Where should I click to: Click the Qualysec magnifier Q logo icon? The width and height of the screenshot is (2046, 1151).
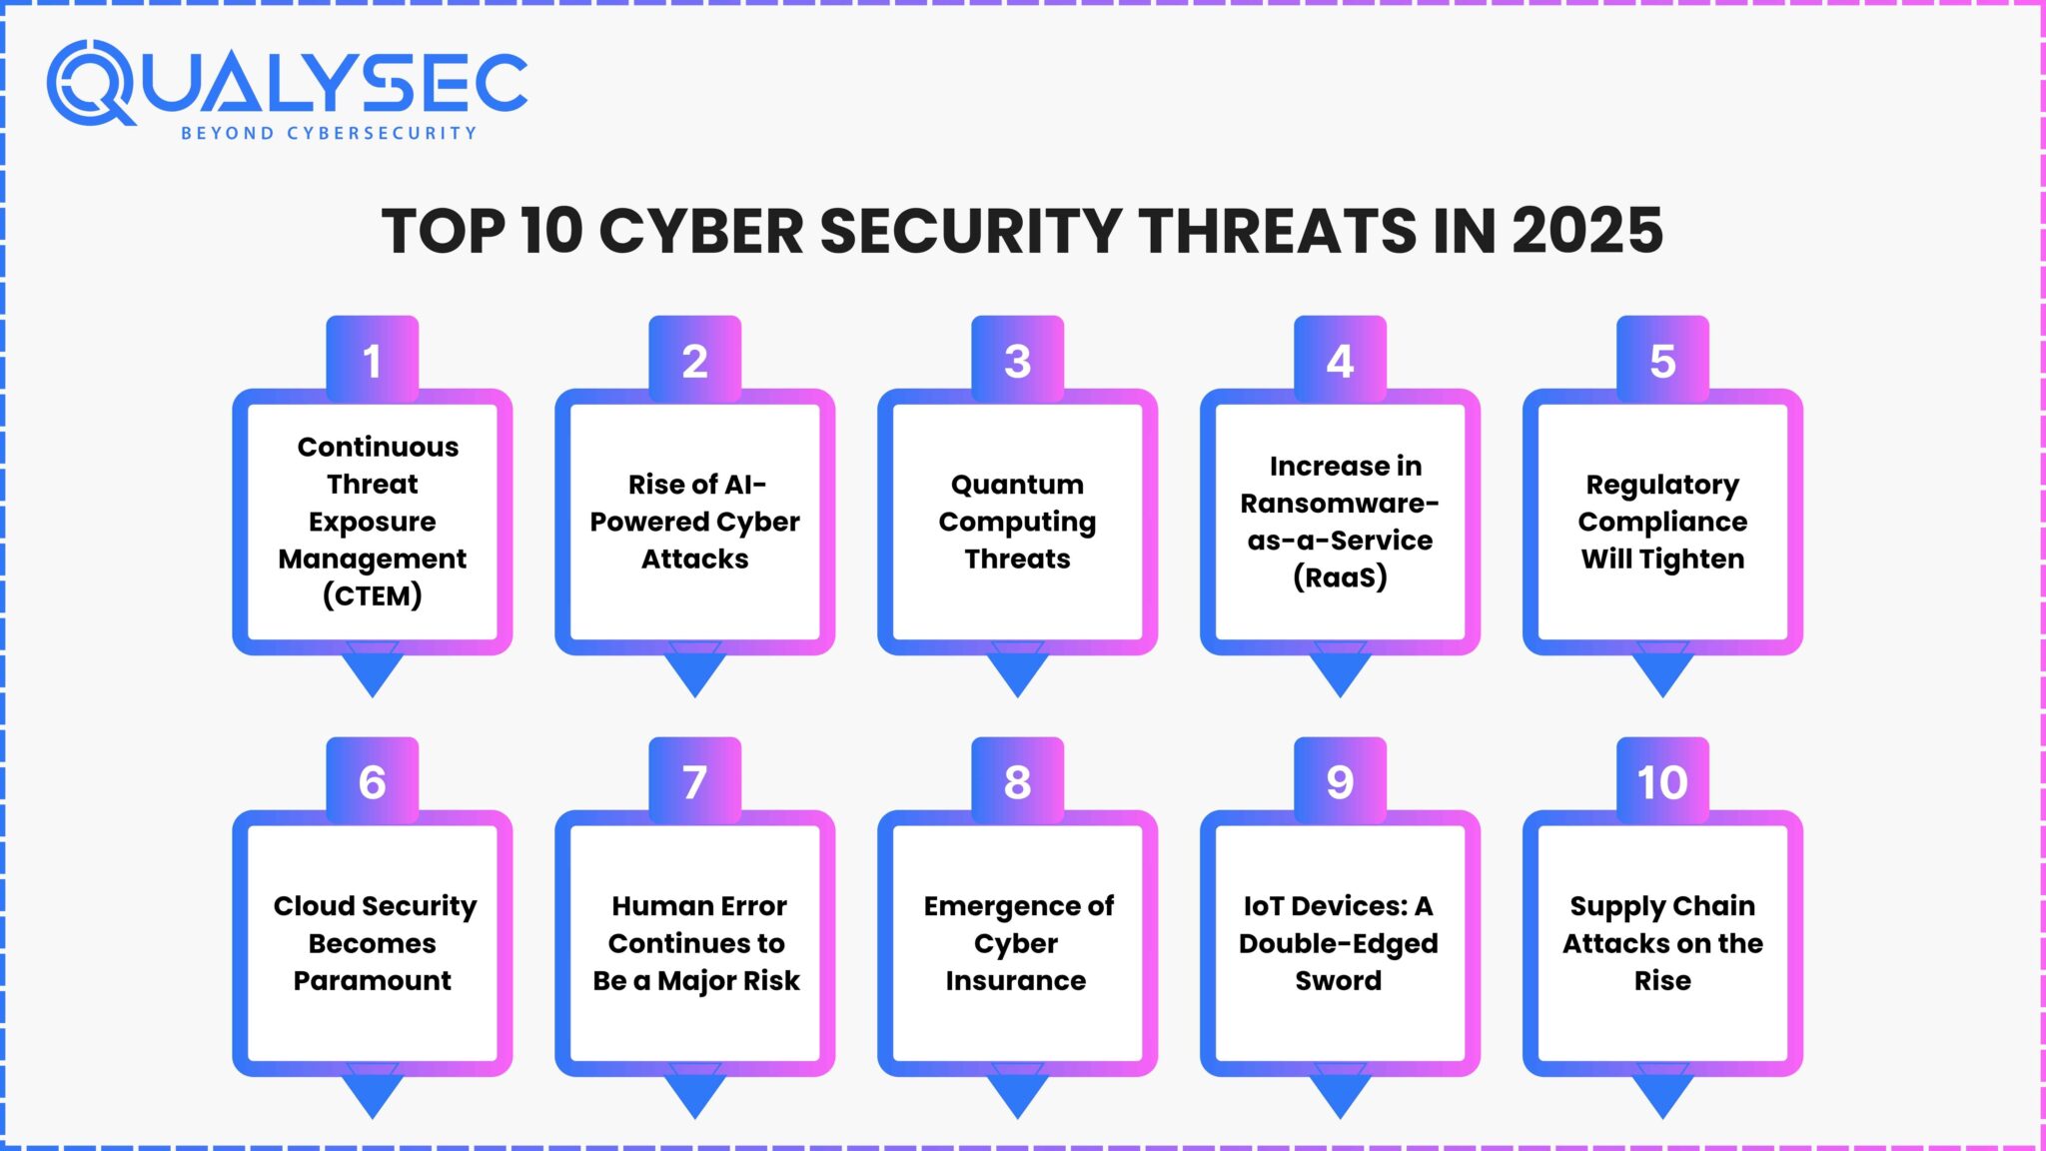pos(90,84)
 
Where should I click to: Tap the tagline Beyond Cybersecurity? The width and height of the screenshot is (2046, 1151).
pos(329,133)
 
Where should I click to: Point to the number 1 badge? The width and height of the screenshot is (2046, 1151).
pos(372,361)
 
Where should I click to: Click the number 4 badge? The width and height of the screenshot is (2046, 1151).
pos(1340,361)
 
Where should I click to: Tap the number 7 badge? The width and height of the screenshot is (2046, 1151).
pos(694,782)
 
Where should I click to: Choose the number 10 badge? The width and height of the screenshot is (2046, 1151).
pos(1662,782)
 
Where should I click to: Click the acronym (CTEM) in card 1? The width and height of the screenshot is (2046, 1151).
pos(372,595)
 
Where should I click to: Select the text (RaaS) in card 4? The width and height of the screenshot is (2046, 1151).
pos(1340,577)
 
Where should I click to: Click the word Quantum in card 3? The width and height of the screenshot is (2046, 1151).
pos(1017,485)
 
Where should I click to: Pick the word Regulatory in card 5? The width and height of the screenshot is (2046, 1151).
pos(1662,485)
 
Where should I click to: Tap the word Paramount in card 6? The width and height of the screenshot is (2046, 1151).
pos(372,980)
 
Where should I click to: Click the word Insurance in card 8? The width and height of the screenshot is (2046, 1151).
pos(1015,980)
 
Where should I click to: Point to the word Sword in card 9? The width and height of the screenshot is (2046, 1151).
pos(1339,980)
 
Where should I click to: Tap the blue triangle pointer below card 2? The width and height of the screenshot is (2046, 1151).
pos(694,673)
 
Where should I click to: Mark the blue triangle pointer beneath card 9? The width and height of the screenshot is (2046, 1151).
pos(1340,1095)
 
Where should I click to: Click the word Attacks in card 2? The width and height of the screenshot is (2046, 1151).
pos(694,559)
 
